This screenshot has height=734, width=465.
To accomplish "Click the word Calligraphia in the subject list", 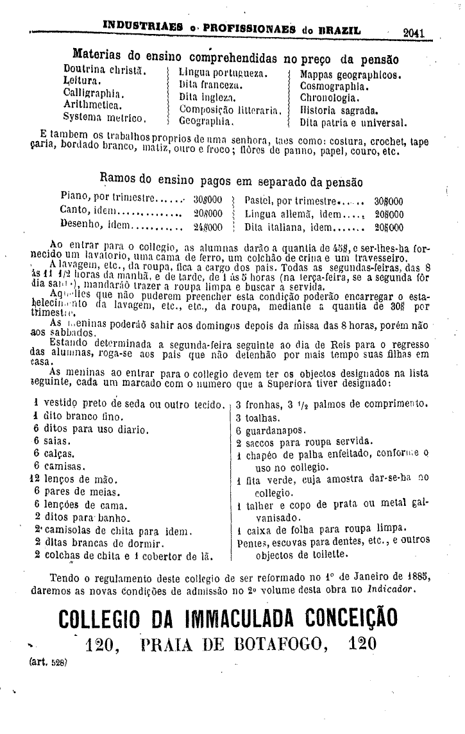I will coord(93,94).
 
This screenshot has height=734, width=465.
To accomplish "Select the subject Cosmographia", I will coord(334,86).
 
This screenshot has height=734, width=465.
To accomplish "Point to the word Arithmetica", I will coord(92,105).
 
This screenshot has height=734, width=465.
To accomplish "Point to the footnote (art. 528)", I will coord(44,661).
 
